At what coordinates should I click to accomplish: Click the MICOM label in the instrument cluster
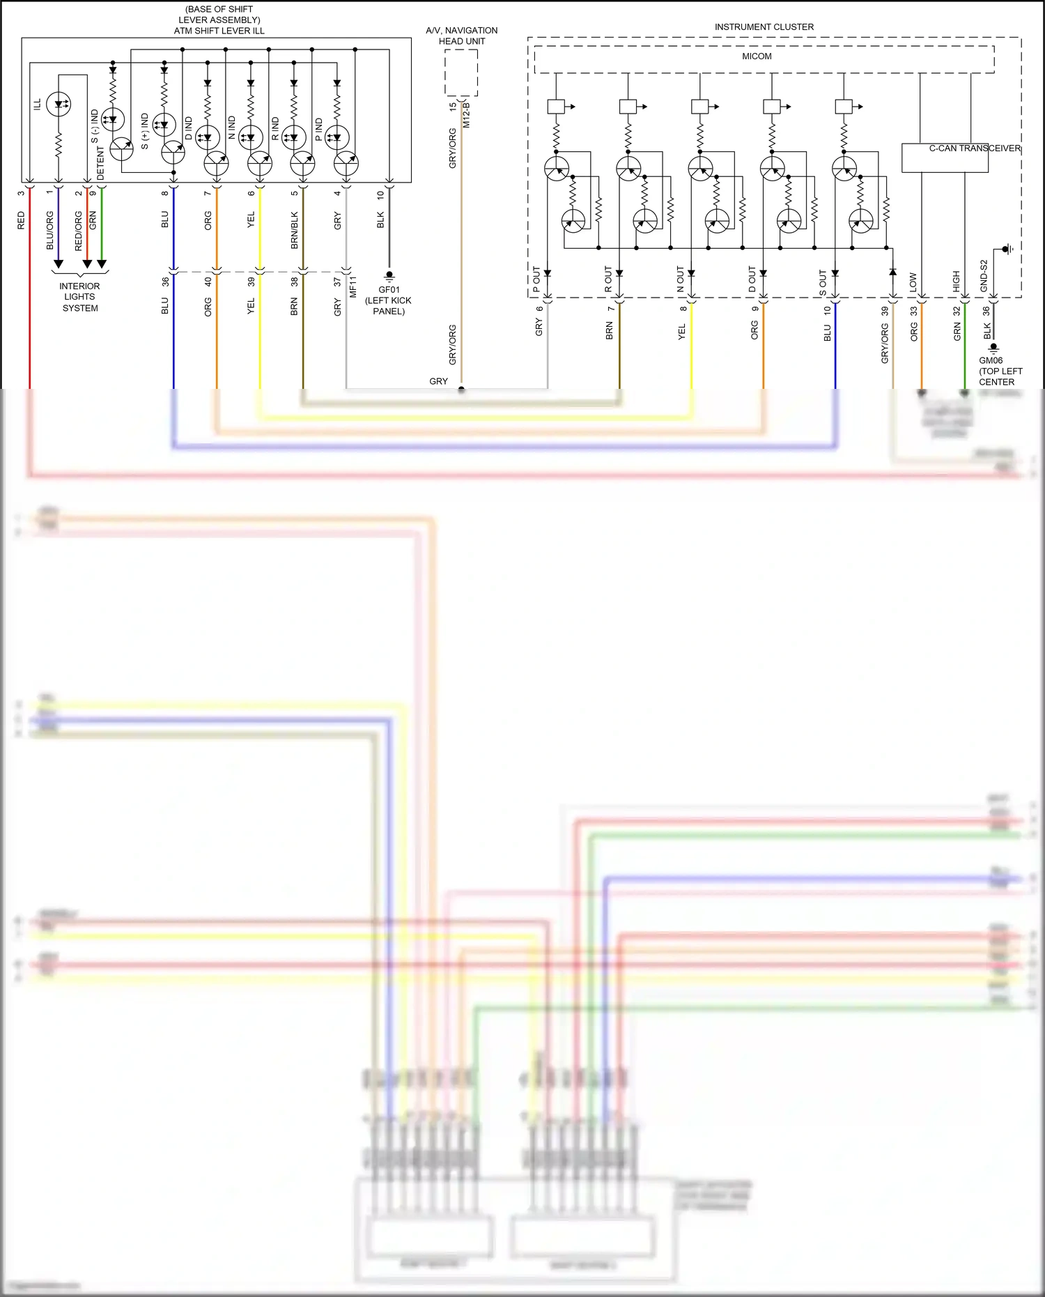[757, 56]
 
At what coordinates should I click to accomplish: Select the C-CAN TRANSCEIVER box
[945, 158]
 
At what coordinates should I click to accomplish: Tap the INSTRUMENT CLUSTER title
[764, 27]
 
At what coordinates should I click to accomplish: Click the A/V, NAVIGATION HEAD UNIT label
[461, 36]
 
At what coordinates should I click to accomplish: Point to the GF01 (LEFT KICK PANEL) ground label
[389, 300]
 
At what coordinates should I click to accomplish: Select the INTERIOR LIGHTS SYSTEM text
[79, 297]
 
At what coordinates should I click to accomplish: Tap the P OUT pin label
[536, 279]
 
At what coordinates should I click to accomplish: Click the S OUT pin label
[823, 282]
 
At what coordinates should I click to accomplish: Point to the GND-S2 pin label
[984, 276]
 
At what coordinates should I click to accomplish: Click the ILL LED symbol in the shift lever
[59, 105]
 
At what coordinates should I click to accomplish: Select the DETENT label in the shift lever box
[101, 163]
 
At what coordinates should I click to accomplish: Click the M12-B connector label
[467, 114]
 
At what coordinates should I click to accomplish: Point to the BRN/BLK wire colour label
[294, 230]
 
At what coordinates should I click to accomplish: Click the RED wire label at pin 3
[21, 220]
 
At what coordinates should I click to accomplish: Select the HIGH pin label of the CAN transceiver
[957, 282]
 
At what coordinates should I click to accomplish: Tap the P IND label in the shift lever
[319, 129]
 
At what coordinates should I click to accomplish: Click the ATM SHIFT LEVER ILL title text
[219, 31]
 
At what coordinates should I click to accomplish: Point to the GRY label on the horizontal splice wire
[438, 381]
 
